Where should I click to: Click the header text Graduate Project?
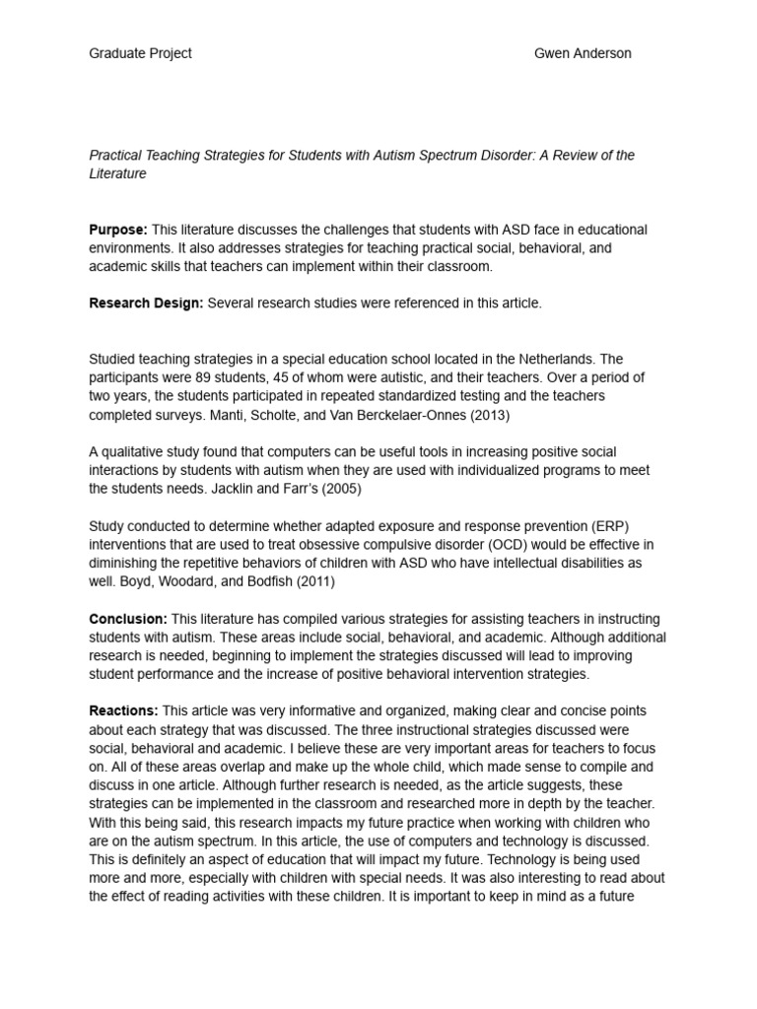point(140,53)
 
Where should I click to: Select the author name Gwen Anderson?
point(583,53)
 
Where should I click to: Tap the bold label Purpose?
point(118,230)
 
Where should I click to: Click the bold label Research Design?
point(146,303)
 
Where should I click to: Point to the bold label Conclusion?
point(128,620)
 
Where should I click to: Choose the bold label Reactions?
point(123,710)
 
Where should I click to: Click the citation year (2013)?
point(490,414)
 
